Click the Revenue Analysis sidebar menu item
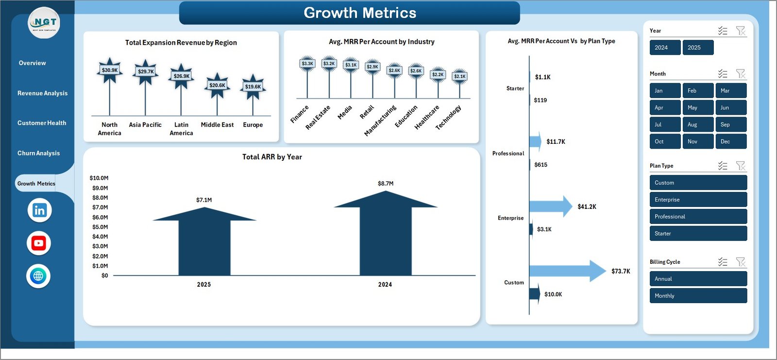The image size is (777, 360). tap(42, 93)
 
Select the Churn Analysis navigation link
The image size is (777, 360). tap(38, 153)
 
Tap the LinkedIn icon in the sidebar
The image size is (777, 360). tap(39, 210)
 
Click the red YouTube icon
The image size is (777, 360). tap(39, 243)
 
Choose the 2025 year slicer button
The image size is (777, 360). tap(697, 48)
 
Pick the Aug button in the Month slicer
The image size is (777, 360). tap(697, 125)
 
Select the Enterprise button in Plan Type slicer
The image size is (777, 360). tap(697, 200)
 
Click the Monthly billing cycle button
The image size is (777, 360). tap(697, 296)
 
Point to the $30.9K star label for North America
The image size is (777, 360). tap(110, 70)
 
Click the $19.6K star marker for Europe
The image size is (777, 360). tap(253, 87)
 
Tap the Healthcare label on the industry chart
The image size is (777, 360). tap(427, 117)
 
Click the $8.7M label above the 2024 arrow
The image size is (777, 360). tap(386, 184)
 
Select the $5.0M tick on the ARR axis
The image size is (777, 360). tap(100, 227)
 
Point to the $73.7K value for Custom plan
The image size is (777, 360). tap(621, 272)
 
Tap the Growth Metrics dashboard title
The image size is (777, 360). tap(360, 13)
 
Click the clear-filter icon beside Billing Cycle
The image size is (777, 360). tap(741, 262)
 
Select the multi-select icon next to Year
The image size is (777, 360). tap(723, 31)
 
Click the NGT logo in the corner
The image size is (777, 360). tap(44, 23)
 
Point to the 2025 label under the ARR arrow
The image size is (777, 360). tap(204, 285)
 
